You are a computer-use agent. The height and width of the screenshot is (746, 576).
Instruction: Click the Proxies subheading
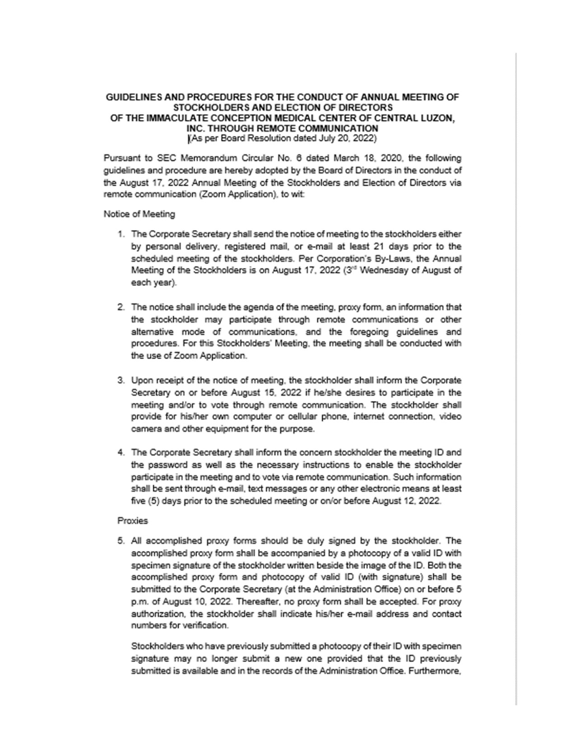(x=132, y=521)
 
